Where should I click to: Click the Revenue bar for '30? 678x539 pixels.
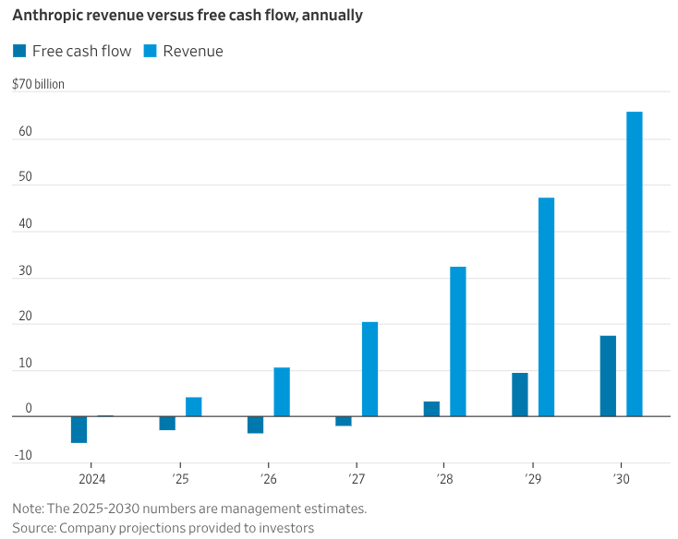(634, 264)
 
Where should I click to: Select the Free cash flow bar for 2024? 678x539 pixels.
(79, 429)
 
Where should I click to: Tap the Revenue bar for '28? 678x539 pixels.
(458, 341)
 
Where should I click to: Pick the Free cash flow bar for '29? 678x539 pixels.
(520, 394)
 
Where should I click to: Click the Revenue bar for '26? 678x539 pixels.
(282, 391)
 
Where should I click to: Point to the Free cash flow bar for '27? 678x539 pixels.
(344, 421)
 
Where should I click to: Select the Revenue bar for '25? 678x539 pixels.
(194, 406)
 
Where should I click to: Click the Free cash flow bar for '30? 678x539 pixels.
(608, 376)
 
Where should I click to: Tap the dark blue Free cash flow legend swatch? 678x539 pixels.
(19, 51)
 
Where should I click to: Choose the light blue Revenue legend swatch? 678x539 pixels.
(151, 51)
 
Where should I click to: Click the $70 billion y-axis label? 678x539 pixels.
(38, 85)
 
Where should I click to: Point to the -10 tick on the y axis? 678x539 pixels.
(22, 455)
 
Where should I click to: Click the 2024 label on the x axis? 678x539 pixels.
(91, 478)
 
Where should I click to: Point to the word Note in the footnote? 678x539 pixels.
(28, 509)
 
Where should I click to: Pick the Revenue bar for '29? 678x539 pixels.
(546, 306)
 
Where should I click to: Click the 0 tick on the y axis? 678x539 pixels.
(29, 409)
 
